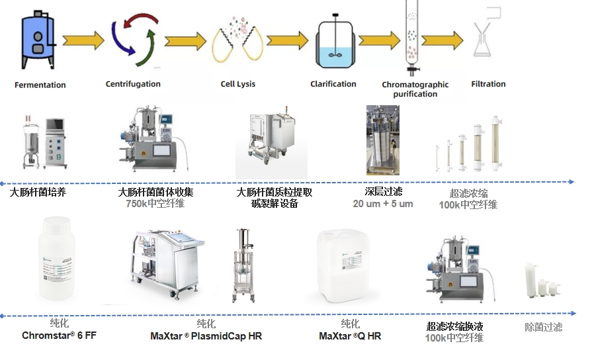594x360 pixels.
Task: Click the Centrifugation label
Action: click(x=133, y=84)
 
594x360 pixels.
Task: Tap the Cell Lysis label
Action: click(x=238, y=84)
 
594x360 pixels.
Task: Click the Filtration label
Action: click(x=488, y=84)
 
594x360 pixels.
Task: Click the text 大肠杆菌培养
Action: click(x=38, y=193)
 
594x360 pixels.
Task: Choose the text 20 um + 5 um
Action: click(x=383, y=203)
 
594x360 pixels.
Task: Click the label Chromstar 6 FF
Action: click(x=59, y=336)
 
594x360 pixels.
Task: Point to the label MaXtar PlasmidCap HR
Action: click(x=206, y=336)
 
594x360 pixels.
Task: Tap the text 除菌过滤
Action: click(x=543, y=327)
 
